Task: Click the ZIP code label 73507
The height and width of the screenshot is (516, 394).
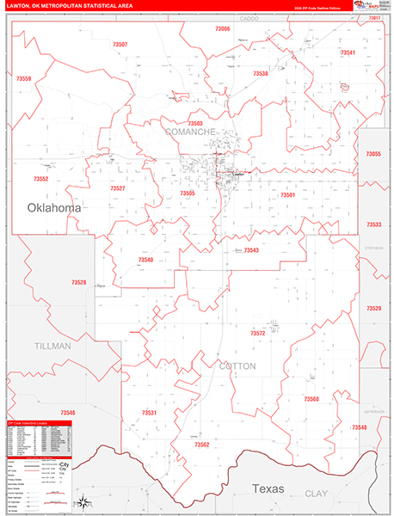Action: [119, 44]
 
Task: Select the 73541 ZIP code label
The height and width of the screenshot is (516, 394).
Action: [348, 52]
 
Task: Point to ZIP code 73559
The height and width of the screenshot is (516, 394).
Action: [22, 79]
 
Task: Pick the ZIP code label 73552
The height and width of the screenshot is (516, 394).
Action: [40, 179]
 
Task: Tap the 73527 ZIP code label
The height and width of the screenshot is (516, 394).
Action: [118, 187]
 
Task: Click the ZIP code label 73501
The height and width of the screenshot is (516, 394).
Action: [287, 195]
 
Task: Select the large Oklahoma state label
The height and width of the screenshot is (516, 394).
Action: [54, 208]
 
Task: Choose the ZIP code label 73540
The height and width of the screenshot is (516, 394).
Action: [145, 259]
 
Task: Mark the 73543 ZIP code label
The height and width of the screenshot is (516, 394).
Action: [251, 250]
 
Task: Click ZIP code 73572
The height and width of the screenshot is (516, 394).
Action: [257, 332]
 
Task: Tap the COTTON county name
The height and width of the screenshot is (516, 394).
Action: [237, 365]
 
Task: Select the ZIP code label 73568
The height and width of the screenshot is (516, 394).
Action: [311, 399]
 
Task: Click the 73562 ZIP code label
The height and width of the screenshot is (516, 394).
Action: [202, 444]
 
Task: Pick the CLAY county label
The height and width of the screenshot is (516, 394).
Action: [316, 494]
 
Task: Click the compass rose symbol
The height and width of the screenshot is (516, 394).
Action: [83, 503]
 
